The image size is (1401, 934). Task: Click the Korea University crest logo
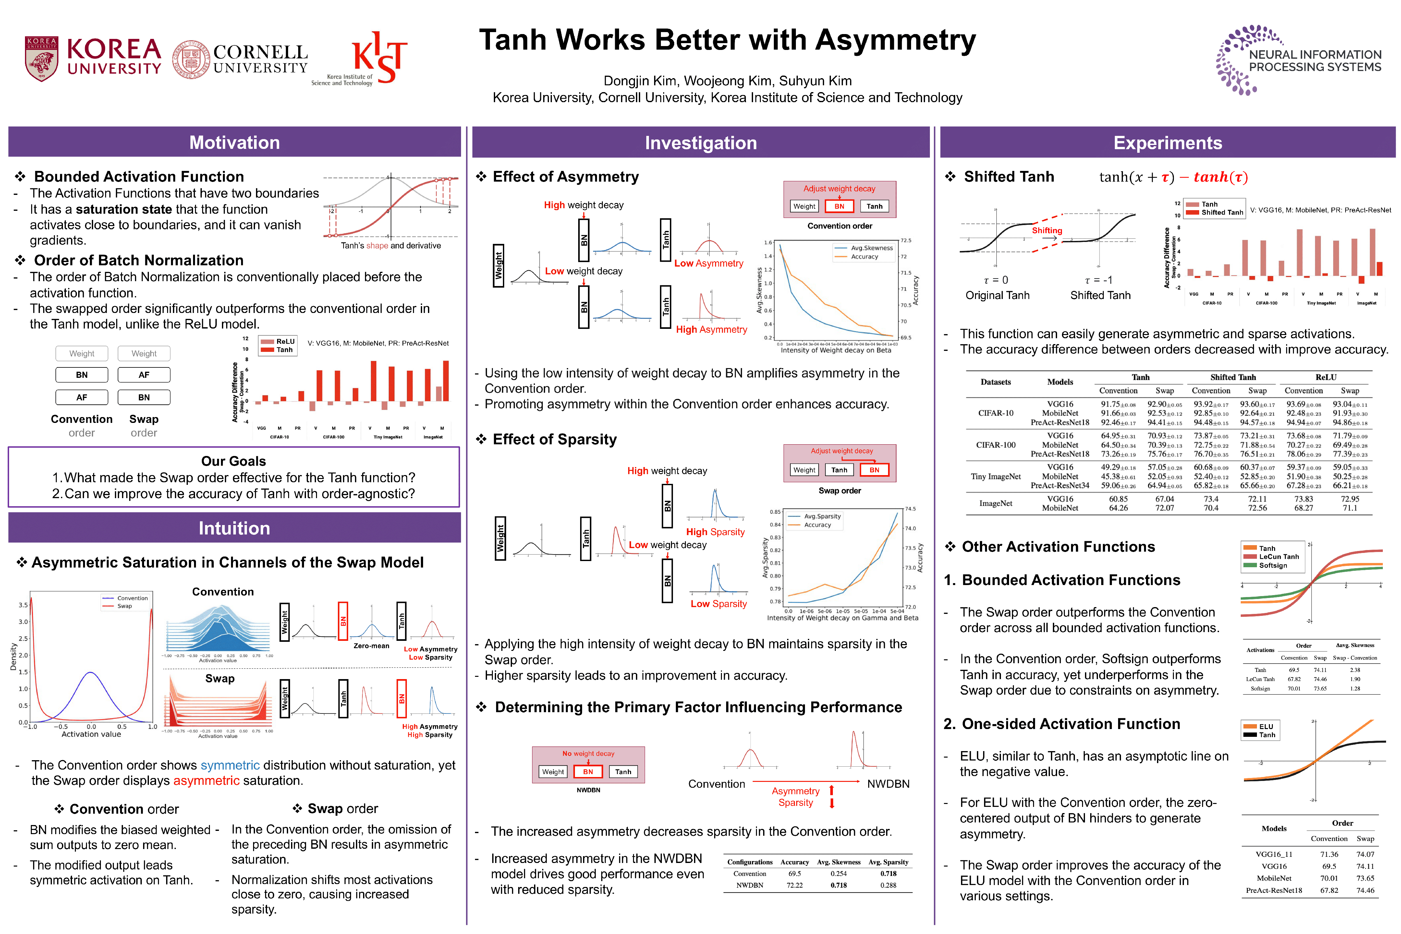(x=41, y=59)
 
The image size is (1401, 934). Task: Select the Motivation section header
(x=234, y=142)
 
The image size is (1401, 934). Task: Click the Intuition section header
(x=234, y=528)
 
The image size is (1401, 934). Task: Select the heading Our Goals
(x=234, y=461)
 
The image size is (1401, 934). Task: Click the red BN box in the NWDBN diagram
(x=588, y=772)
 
